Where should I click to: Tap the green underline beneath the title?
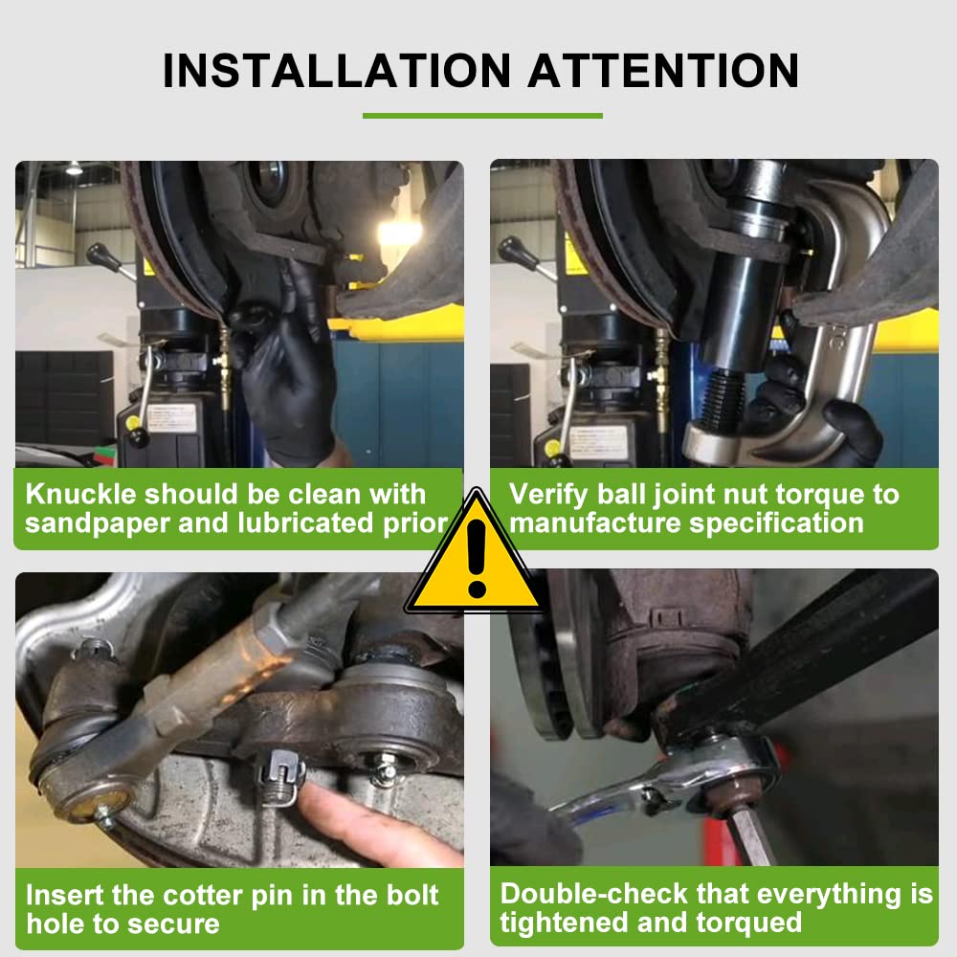(482, 116)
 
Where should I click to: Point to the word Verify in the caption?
(549, 495)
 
